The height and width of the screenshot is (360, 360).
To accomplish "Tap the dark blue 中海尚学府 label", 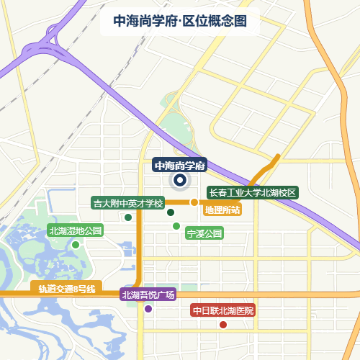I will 180,166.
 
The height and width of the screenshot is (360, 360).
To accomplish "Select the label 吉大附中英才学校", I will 129,203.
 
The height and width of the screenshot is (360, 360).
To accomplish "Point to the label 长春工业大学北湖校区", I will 253,193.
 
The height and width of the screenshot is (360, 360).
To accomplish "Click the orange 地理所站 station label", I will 222,210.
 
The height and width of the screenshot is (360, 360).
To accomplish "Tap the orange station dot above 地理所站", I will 194,202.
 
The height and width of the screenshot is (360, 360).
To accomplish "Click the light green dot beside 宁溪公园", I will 176,226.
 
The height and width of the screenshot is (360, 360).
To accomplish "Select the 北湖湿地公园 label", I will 76,231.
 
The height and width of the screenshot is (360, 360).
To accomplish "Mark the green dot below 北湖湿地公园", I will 76,245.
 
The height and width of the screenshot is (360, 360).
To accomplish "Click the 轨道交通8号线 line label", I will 67,289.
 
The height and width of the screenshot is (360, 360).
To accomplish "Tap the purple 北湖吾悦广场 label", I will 148,294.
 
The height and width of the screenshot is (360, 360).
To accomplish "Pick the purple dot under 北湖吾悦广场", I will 148,309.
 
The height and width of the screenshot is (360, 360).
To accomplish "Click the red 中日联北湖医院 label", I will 223,311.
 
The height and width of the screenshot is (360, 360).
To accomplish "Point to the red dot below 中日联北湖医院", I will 223,325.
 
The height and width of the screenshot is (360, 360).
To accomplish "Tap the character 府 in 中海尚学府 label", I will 201,166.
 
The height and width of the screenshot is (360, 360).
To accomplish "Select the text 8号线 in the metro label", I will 82,289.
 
